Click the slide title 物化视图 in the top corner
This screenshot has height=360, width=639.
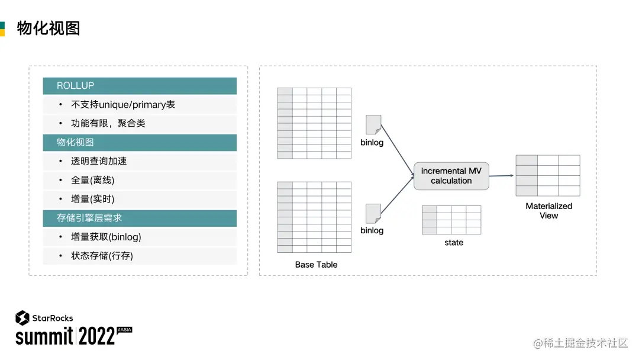pyautogui.click(x=49, y=28)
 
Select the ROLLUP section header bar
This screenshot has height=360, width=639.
pyautogui.click(x=140, y=86)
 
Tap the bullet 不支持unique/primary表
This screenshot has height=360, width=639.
pyautogui.click(x=123, y=105)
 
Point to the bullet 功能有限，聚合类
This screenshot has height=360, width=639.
pyautogui.click(x=108, y=124)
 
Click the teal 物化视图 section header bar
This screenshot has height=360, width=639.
pyautogui.click(x=140, y=143)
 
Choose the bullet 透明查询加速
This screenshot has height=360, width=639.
pyautogui.click(x=99, y=162)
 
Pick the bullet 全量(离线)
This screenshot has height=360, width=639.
pyautogui.click(x=93, y=181)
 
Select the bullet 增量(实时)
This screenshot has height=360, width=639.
pyautogui.click(x=93, y=200)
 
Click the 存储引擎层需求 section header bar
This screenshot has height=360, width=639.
pyautogui.click(x=140, y=218)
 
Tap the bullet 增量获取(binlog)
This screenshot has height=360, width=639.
pyautogui.click(x=106, y=237)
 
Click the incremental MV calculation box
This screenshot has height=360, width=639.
pyautogui.click(x=451, y=176)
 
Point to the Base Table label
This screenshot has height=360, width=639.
pyautogui.click(x=316, y=265)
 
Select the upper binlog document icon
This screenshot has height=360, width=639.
pyautogui.click(x=373, y=124)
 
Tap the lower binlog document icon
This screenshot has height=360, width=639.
pyautogui.click(x=373, y=213)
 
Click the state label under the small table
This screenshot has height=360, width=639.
pyautogui.click(x=454, y=243)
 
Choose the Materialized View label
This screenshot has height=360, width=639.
pyautogui.click(x=548, y=211)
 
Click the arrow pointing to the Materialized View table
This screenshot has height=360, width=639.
pyautogui.click(x=501, y=175)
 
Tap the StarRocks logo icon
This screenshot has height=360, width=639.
pyautogui.click(x=22, y=318)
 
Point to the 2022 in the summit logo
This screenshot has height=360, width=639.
pyautogui.click(x=96, y=337)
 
